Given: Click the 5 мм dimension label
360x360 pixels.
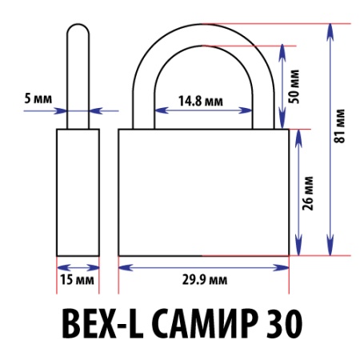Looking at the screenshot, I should (x=38, y=98).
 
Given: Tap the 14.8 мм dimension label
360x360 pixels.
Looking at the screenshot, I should (x=201, y=102).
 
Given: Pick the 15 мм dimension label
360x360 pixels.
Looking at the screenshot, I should (x=77, y=280).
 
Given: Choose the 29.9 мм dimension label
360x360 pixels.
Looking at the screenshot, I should (x=202, y=280).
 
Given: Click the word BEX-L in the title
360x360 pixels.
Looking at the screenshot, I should (x=94, y=324).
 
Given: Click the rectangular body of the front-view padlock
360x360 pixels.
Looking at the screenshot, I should (x=204, y=192).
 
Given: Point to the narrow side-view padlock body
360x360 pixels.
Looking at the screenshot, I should (x=78, y=192).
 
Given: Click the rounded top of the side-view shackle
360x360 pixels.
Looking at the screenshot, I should (x=78, y=30).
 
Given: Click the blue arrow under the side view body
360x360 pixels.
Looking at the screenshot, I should (x=78, y=266).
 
